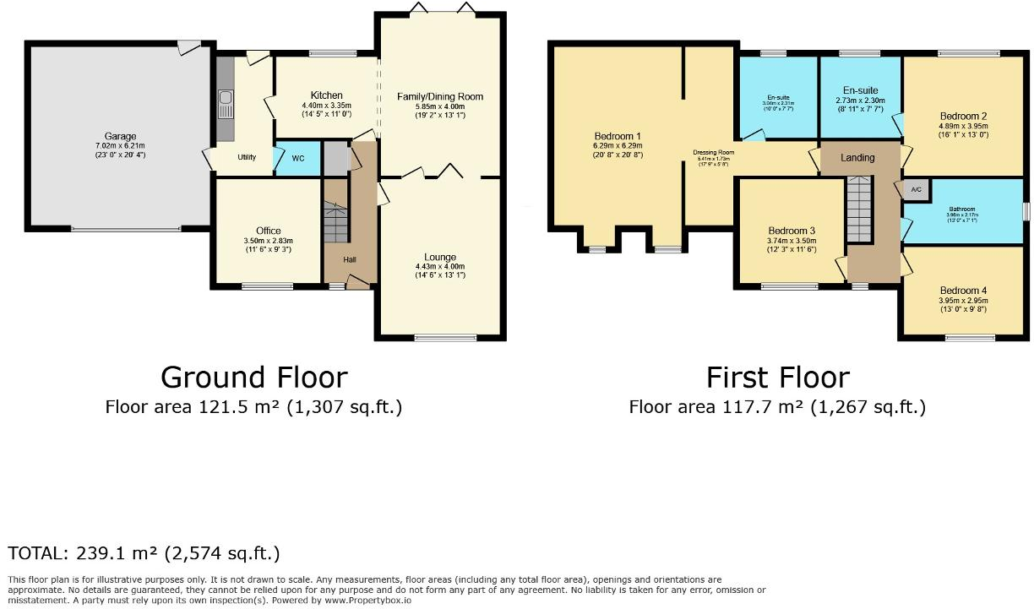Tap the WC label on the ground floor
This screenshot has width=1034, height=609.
(x=297, y=158)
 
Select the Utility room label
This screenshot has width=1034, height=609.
(x=247, y=157)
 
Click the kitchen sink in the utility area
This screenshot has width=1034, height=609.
(x=226, y=105)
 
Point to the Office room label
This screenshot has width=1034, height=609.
(x=268, y=231)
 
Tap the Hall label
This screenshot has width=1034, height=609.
(x=350, y=259)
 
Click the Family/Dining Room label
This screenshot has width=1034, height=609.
(x=440, y=96)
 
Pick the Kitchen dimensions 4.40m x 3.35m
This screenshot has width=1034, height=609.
(x=326, y=106)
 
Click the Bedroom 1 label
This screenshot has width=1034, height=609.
(x=618, y=136)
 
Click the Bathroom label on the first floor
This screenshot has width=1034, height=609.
(x=961, y=209)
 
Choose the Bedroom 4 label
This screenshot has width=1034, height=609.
(x=963, y=291)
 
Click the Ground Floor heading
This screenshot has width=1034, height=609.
(x=253, y=377)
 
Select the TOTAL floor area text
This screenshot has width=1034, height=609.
(x=144, y=553)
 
